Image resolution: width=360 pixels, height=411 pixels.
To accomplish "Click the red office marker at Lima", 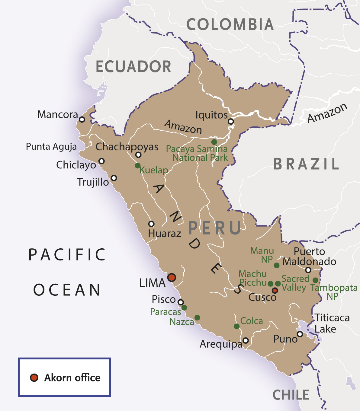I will pyautogui.click(x=172, y=277).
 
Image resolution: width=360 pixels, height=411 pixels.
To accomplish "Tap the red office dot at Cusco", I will pyautogui.click(x=275, y=290).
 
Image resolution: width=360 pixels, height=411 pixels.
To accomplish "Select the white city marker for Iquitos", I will pyautogui.click(x=231, y=122).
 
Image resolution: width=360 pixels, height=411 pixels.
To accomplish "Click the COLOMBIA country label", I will pyautogui.click(x=230, y=24).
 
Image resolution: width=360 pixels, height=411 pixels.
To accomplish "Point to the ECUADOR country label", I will pyautogui.click(x=133, y=67).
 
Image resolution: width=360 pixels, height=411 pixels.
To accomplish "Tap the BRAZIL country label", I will pyautogui.click(x=306, y=164).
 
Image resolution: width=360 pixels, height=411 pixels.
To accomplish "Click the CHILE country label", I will pyautogui.click(x=291, y=395).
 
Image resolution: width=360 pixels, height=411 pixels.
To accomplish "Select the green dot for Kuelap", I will pyautogui.click(x=137, y=165).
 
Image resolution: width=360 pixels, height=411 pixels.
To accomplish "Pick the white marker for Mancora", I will pyautogui.click(x=82, y=119).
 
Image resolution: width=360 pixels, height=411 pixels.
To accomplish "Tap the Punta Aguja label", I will pyautogui.click(x=51, y=147).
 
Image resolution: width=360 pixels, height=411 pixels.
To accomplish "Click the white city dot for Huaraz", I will pyautogui.click(x=151, y=224).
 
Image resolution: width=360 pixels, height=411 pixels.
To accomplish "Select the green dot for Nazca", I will pyautogui.click(x=197, y=317).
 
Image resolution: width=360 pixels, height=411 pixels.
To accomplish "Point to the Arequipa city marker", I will pyautogui.click(x=246, y=340).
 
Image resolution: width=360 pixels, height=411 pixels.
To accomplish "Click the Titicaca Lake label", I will pyautogui.click(x=332, y=323).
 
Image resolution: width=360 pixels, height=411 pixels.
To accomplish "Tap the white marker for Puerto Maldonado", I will pyautogui.click(x=308, y=270).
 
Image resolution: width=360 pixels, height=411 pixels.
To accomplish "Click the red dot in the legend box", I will pyautogui.click(x=34, y=378).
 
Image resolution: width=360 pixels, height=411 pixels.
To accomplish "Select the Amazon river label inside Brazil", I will pyautogui.click(x=327, y=113).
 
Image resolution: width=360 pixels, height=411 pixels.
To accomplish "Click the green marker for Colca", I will pyautogui.click(x=237, y=326).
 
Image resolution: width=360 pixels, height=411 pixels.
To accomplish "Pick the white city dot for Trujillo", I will pyautogui.click(x=114, y=178).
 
